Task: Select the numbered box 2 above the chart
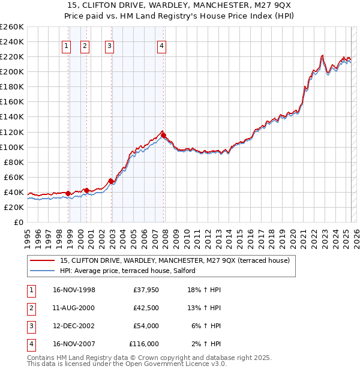[85, 46]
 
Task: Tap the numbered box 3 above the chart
[110, 46]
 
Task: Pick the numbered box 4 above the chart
[162, 46]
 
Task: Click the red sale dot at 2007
[163, 135]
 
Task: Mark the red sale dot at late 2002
[111, 181]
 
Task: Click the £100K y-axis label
[11, 147]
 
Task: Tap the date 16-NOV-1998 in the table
[74, 290]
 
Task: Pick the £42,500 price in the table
[145, 308]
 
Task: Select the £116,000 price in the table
[144, 344]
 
